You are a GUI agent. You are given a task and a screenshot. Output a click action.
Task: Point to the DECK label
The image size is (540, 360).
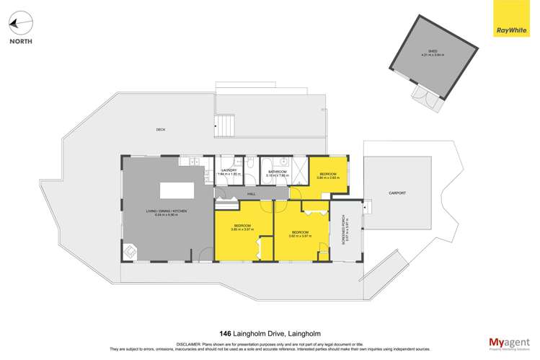(x=160, y=130)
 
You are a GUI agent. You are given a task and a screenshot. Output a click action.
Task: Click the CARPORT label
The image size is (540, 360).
(x=397, y=193)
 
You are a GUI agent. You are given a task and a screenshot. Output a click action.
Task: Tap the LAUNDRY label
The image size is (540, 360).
(x=229, y=170)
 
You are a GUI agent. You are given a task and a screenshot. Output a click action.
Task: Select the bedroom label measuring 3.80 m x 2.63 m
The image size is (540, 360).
(x=327, y=175)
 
